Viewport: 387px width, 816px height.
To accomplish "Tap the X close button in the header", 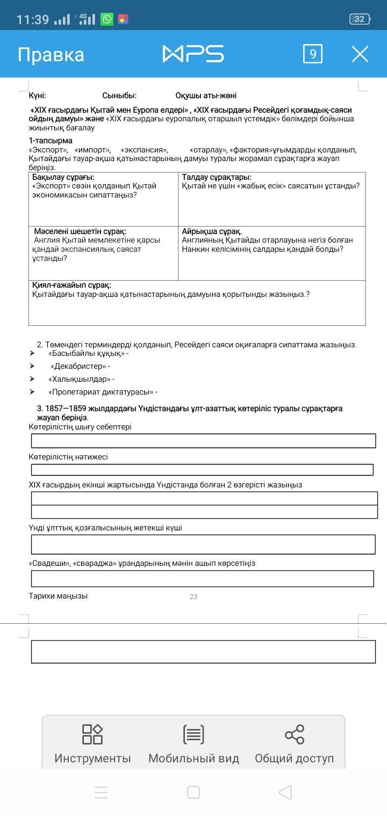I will (360, 54).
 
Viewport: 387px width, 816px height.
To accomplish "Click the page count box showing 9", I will (313, 54).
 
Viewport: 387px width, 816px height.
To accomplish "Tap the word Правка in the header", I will (51, 55).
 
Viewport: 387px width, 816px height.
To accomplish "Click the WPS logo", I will (193, 54).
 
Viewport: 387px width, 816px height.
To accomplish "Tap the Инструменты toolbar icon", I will (92, 734).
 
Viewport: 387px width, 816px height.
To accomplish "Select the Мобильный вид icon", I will (193, 734).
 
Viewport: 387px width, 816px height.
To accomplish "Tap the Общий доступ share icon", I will (294, 734).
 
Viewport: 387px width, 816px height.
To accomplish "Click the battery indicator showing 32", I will (359, 19).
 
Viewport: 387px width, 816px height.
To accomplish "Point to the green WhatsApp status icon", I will (107, 19).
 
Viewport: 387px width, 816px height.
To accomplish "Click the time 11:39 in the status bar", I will (33, 20).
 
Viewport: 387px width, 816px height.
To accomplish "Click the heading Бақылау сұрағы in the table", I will (63, 177).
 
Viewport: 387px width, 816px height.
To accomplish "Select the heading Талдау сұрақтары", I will (217, 177).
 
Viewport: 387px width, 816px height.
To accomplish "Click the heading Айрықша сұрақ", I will (212, 231).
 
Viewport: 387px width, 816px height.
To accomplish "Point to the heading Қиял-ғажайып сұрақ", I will (71, 285).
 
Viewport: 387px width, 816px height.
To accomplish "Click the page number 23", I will (193, 596).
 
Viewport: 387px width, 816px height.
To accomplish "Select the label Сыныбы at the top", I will (119, 96).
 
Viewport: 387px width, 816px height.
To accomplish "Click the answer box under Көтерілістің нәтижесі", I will (202, 470).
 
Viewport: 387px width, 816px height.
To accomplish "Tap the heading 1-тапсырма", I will (51, 141).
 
